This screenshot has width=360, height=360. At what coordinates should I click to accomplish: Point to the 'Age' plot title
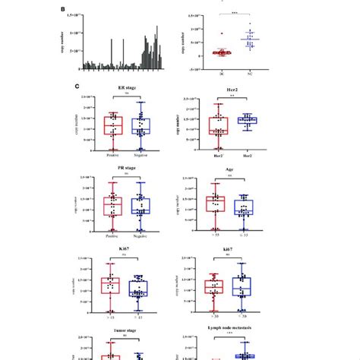tap(229, 172)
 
